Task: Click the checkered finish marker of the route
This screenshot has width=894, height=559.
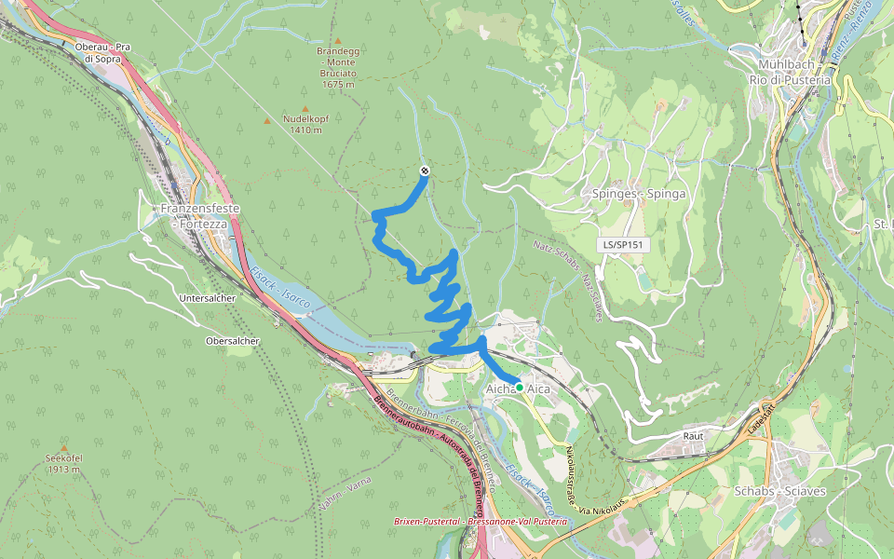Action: pyautogui.click(x=426, y=170)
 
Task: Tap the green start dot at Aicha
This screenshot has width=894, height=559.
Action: pyautogui.click(x=519, y=387)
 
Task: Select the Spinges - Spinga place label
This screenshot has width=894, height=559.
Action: pyautogui.click(x=639, y=194)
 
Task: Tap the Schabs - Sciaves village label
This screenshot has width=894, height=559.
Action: pyautogui.click(x=780, y=491)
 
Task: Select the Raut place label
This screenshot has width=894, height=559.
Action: pyautogui.click(x=692, y=435)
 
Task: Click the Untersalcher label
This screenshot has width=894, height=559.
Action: pyautogui.click(x=208, y=297)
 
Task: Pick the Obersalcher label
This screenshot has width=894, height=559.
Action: pyautogui.click(x=232, y=341)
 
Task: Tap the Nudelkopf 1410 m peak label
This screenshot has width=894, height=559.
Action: pyautogui.click(x=306, y=124)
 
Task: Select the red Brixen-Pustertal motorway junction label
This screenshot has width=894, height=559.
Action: pyautogui.click(x=480, y=523)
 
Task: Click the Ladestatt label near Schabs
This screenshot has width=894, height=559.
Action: pyautogui.click(x=761, y=423)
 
